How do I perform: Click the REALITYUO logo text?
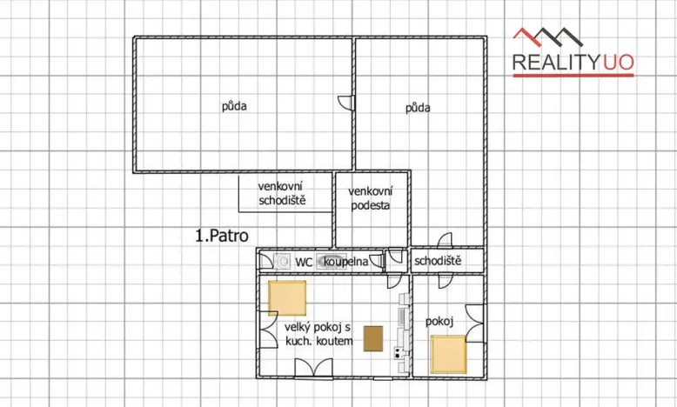[573, 62]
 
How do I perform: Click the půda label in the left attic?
[233, 107]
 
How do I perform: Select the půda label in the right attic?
[419, 109]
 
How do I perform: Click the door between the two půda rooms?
[348, 102]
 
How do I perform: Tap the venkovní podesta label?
[371, 198]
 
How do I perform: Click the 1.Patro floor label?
[222, 236]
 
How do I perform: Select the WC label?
[304, 260]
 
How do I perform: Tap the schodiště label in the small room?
[437, 260]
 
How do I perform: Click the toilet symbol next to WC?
[282, 259]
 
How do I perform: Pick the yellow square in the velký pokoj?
[287, 298]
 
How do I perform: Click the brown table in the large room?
[373, 337]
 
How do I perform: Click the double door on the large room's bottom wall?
[312, 369]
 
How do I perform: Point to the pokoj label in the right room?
[440, 322]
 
